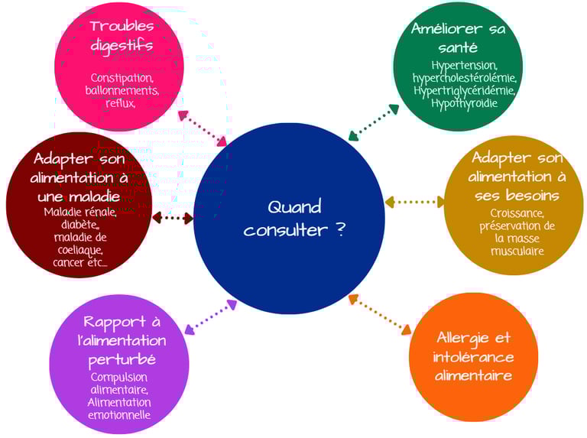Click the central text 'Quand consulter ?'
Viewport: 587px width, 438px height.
(x=294, y=218)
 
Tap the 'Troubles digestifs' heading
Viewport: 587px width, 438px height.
(x=122, y=36)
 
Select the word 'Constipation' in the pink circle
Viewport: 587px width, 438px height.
(x=122, y=77)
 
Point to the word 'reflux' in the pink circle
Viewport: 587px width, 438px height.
(x=120, y=103)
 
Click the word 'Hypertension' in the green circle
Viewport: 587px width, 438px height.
(x=464, y=66)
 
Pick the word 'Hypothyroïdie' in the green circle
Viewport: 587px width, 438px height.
(x=465, y=102)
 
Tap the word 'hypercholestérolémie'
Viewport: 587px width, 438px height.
(x=465, y=78)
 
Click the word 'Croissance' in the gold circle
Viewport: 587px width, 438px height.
(x=517, y=213)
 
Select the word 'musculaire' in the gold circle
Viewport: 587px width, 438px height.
(x=518, y=251)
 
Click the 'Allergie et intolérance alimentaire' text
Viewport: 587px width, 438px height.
(x=474, y=356)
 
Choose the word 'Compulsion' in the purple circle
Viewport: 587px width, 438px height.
(x=119, y=377)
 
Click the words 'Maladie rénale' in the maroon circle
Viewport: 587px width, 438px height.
(x=80, y=212)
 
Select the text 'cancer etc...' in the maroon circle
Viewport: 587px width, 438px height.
(x=80, y=262)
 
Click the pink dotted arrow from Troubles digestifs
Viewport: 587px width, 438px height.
(x=203, y=128)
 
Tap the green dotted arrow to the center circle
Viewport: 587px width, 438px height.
(x=374, y=122)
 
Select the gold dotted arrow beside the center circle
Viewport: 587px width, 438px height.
(x=414, y=202)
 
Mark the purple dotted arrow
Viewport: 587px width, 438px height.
(x=211, y=316)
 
